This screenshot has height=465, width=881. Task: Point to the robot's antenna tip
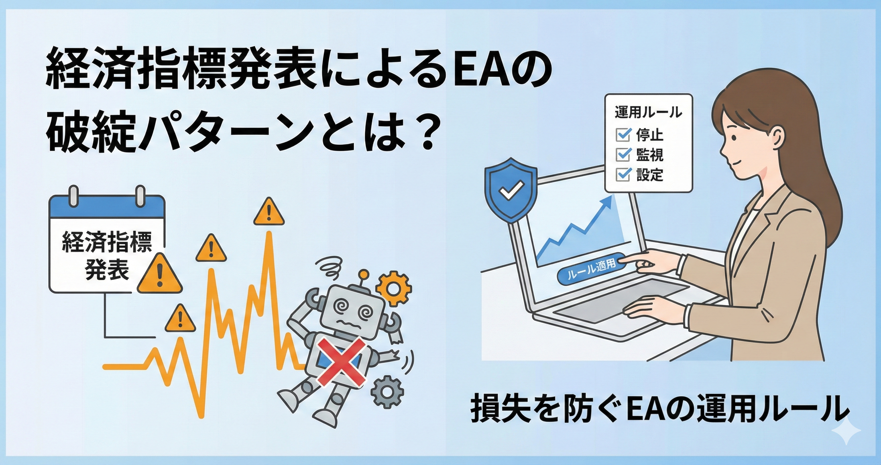pos(363,275)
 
